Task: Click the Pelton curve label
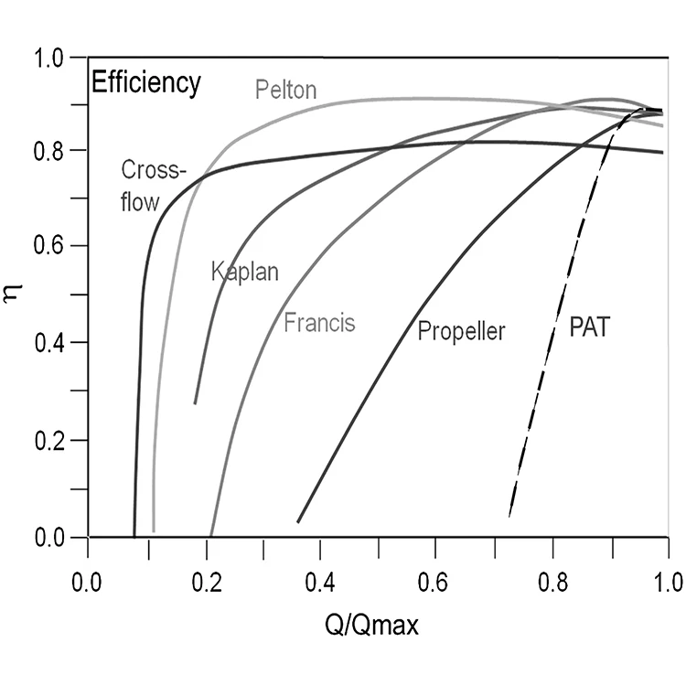click(285, 90)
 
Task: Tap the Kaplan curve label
click(244, 273)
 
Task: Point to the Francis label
click(319, 322)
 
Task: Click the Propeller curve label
click(461, 330)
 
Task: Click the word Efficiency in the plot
click(145, 83)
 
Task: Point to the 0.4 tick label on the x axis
click(320, 581)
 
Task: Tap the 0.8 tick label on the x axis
click(552, 581)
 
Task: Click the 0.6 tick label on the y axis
click(52, 247)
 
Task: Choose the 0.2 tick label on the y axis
click(52, 441)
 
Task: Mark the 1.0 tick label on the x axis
click(669, 581)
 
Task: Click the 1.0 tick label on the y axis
click(52, 58)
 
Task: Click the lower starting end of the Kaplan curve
click(195, 402)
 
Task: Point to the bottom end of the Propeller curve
click(298, 521)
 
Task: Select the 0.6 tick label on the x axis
click(436, 581)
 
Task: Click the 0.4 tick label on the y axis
click(52, 344)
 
